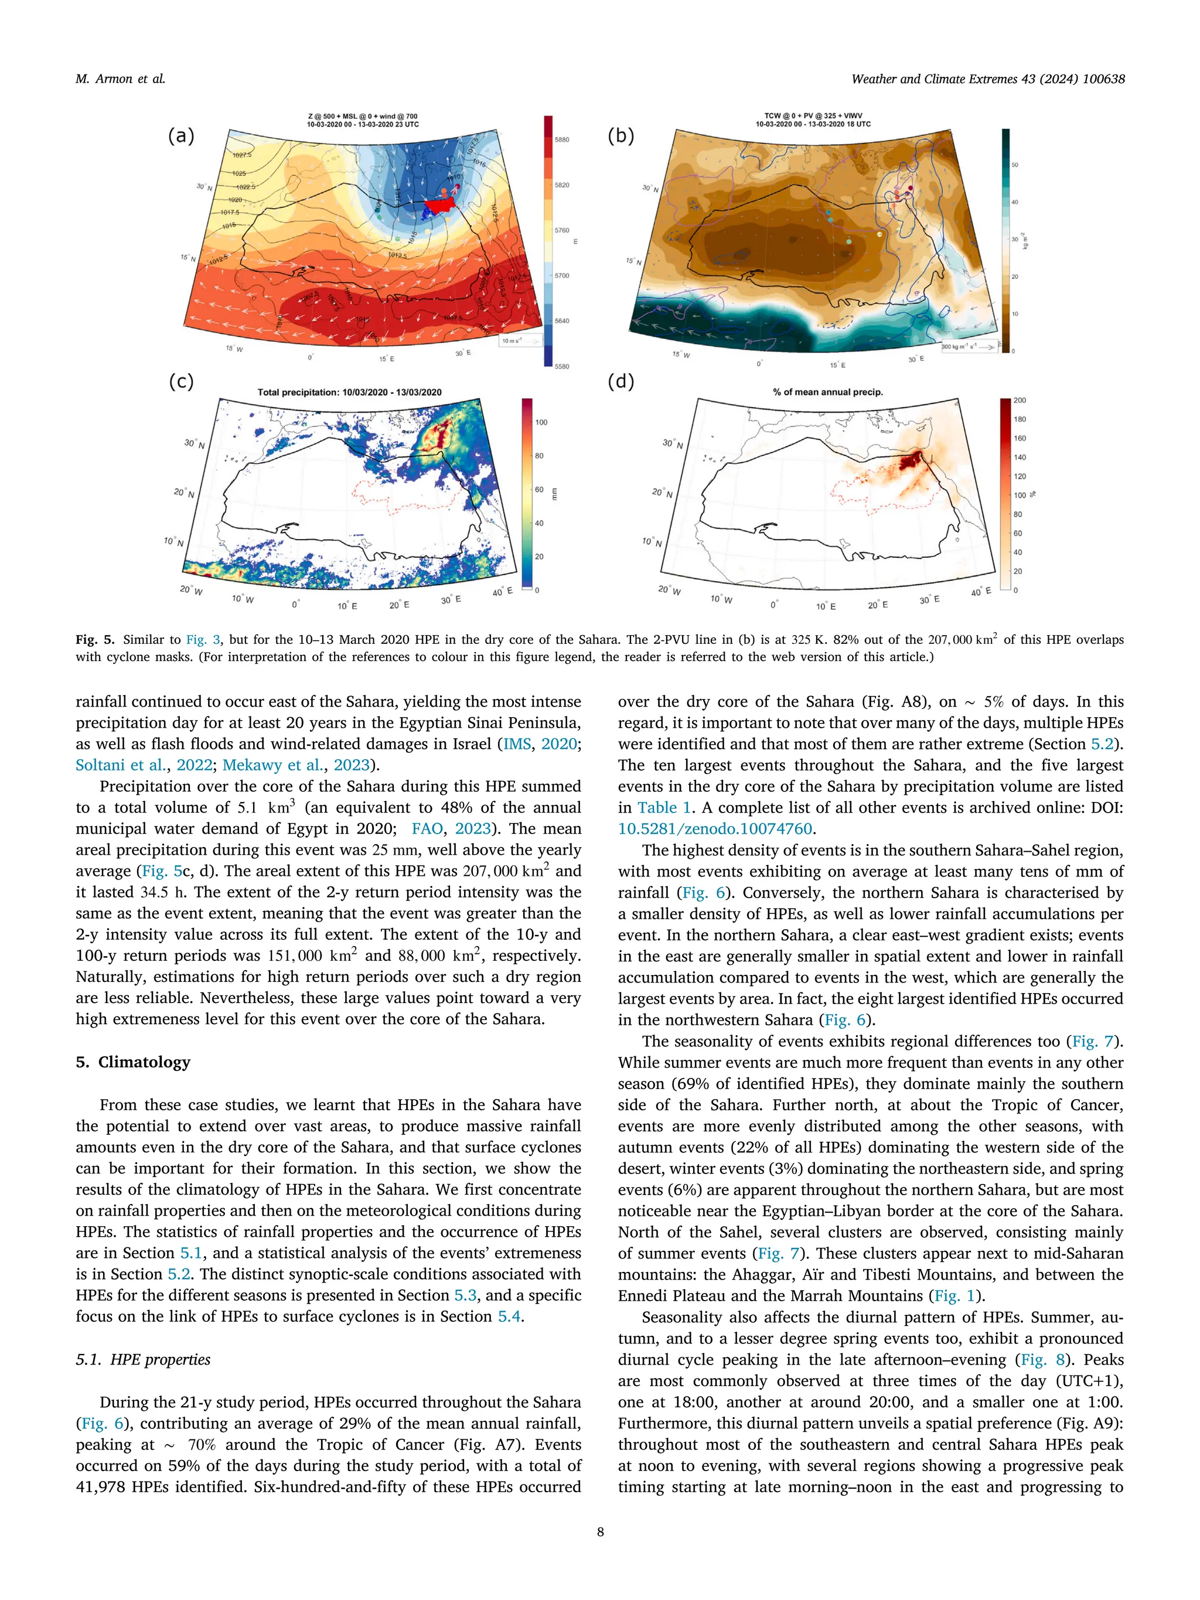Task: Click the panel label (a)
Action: [181, 135]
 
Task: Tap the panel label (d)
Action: [621, 381]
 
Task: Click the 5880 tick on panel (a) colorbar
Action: [562, 139]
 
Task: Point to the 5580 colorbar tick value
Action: [562, 367]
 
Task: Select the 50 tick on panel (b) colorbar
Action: [1015, 165]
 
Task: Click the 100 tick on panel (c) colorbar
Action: [541, 422]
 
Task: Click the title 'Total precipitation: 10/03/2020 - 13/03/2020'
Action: [349, 392]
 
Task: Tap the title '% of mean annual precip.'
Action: [827, 392]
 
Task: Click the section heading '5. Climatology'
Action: [133, 1062]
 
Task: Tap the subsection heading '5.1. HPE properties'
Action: [143, 1359]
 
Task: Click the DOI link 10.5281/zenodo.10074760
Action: [715, 829]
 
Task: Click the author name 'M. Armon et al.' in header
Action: [120, 79]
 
